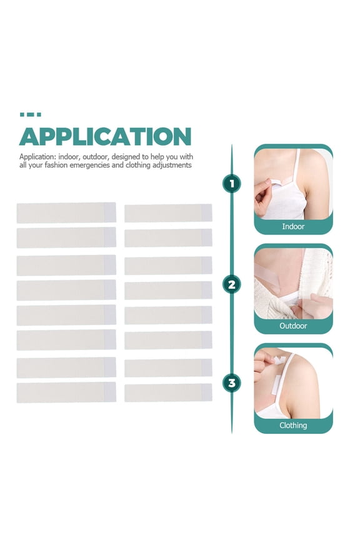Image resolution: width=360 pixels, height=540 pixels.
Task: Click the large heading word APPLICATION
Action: coord(105,136)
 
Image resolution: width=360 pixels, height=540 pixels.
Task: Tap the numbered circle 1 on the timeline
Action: coord(232,184)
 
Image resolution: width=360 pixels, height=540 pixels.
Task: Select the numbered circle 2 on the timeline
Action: coord(232,285)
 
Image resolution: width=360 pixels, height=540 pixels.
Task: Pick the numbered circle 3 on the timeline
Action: coord(232,382)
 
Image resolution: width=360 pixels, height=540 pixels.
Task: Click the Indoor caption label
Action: coord(293,226)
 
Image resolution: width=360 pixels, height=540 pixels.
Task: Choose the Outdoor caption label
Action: coord(293,326)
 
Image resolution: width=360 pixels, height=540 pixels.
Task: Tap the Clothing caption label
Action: coord(293,425)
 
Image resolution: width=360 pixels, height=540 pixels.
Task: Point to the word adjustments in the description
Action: coord(169,165)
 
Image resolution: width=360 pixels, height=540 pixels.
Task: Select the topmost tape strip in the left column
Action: coord(66,212)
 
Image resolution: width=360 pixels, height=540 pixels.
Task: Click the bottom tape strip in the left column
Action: coord(66,392)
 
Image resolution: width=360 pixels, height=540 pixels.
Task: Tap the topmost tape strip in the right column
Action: coord(168,213)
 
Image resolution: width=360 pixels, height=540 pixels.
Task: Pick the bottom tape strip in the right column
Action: coord(168,392)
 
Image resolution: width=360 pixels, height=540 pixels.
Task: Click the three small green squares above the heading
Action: coord(30,115)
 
